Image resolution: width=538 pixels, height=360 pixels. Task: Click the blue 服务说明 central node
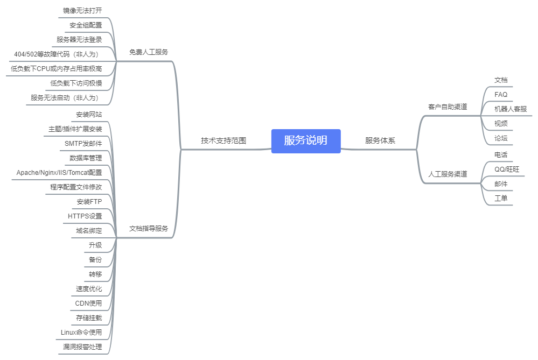click(305, 141)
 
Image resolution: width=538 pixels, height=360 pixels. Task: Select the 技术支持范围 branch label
click(223, 140)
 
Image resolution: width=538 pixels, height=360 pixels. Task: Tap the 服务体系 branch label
click(380, 140)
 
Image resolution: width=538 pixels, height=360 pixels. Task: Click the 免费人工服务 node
click(149, 52)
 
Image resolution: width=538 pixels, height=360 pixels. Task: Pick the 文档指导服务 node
click(149, 229)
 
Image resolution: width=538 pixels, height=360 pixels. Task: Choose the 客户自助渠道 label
click(448, 107)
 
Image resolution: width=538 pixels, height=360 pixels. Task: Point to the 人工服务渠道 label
click(448, 174)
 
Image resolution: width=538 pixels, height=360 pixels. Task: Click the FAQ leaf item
click(501, 95)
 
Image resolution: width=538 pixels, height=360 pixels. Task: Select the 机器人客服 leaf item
click(511, 109)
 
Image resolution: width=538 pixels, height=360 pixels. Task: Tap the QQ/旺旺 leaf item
click(507, 170)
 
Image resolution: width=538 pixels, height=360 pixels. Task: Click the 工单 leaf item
click(501, 199)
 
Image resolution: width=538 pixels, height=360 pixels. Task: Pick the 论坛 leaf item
click(501, 138)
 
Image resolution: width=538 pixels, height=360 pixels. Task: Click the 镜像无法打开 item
click(82, 10)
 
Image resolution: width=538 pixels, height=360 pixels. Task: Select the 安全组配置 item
click(85, 25)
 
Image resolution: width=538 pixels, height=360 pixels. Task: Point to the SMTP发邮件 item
click(83, 144)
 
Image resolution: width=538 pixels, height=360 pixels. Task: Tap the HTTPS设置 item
click(85, 216)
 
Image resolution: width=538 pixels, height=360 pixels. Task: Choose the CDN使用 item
click(88, 303)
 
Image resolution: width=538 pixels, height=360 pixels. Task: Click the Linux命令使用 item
click(81, 333)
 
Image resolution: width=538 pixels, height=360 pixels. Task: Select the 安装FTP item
click(89, 202)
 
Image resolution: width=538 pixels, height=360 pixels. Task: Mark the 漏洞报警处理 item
click(82, 347)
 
